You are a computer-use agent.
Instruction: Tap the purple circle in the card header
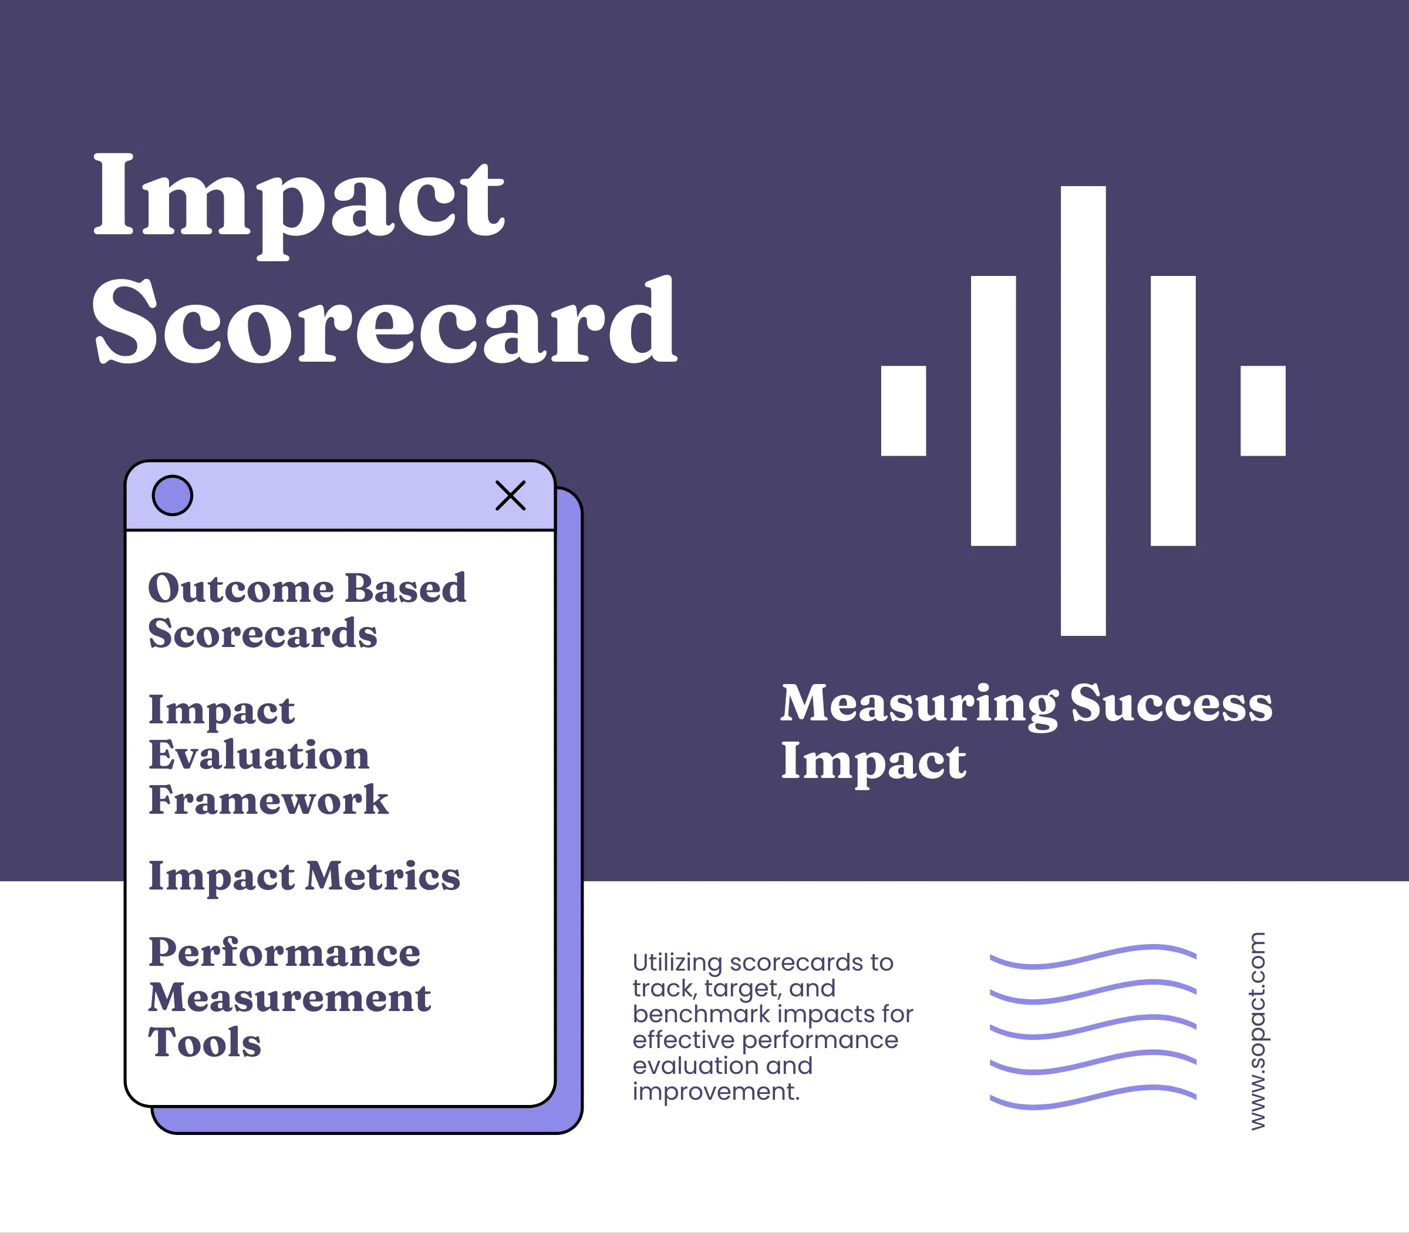pyautogui.click(x=172, y=496)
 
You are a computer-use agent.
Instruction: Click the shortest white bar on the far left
pyautogui.click(x=904, y=411)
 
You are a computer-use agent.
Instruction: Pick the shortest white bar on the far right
pyautogui.click(x=1262, y=411)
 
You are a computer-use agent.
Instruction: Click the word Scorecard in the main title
pyautogui.click(x=385, y=322)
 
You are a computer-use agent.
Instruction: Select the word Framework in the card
pyautogui.click(x=268, y=800)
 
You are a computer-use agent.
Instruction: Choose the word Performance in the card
pyautogui.click(x=284, y=954)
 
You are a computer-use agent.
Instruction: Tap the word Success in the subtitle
pyautogui.click(x=1171, y=705)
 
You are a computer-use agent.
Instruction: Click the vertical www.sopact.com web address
pyautogui.click(x=1258, y=1030)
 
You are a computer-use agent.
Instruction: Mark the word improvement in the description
pyautogui.click(x=716, y=1092)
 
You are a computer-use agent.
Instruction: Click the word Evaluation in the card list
pyautogui.click(x=259, y=756)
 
